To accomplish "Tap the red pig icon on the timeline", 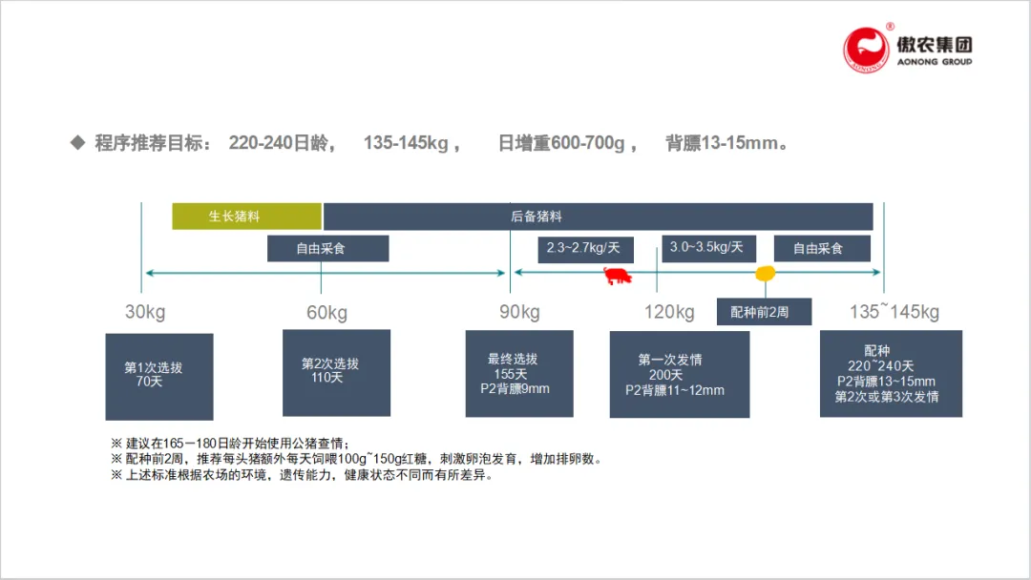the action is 618,277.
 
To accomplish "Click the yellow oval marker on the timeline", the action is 765,274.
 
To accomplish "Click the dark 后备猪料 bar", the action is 598,217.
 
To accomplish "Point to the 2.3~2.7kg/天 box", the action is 583,249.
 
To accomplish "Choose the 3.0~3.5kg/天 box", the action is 706,248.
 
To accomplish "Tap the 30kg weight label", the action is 145,312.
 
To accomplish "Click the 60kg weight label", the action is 326,313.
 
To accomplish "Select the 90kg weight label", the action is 519,312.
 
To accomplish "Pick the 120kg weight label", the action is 669,312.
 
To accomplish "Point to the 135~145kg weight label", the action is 894,312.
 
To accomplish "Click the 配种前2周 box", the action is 765,312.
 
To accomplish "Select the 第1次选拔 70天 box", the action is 159,377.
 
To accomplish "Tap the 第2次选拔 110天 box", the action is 336,373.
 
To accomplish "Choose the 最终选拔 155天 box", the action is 519,374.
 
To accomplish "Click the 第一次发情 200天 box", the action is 680,375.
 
